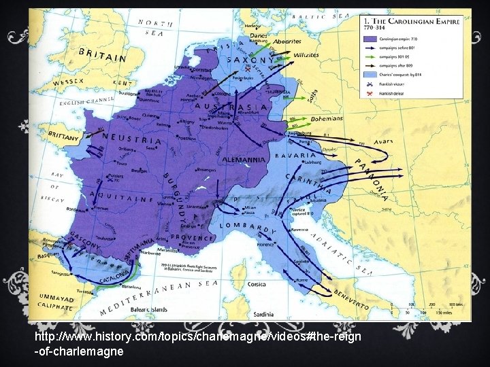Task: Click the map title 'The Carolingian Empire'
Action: [414, 21]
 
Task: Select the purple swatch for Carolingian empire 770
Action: [371, 39]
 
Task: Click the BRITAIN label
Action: [103, 55]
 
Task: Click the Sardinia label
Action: [261, 315]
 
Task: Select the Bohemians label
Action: [308, 118]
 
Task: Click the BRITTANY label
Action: [63, 136]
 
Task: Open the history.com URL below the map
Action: [197, 345]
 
